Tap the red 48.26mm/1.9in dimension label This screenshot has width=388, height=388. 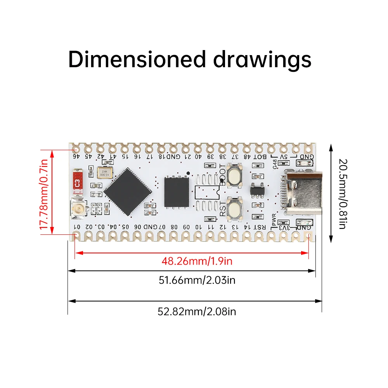pos(197,261)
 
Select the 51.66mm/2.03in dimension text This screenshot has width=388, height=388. pos(197,280)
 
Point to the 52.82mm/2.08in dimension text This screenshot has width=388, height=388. pos(197,311)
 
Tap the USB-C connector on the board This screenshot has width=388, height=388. pos(303,192)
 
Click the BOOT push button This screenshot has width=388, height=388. pos(235,175)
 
